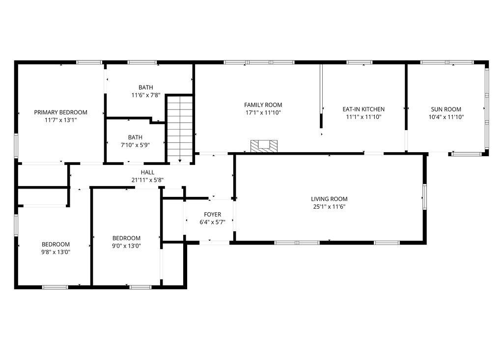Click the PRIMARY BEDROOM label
click(x=60, y=112)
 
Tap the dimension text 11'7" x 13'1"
click(x=60, y=120)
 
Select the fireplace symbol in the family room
click(x=264, y=145)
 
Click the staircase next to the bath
click(x=180, y=128)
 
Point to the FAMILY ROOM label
click(x=263, y=105)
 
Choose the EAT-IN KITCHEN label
click(x=363, y=110)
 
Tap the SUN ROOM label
click(x=446, y=110)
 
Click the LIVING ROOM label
click(x=329, y=199)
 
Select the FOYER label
click(x=213, y=215)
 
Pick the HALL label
click(x=147, y=172)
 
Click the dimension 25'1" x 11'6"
click(x=329, y=207)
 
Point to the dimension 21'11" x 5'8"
click(x=147, y=180)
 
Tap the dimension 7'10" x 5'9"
click(x=135, y=145)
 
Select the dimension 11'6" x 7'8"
click(x=145, y=95)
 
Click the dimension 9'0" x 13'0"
click(x=126, y=246)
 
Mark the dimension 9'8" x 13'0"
click(x=56, y=252)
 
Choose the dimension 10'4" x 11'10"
click(x=446, y=117)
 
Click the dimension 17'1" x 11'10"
click(x=263, y=112)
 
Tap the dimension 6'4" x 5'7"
click(x=213, y=222)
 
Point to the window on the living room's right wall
click(x=424, y=197)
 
